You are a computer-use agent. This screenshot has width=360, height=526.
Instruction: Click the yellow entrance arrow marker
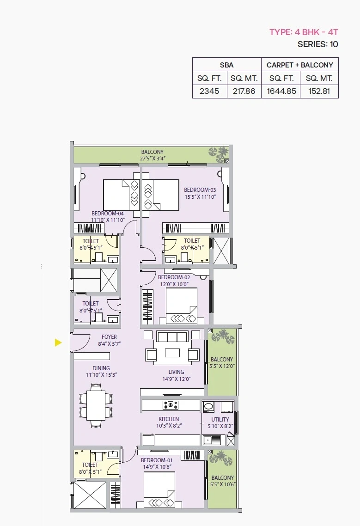click(58, 343)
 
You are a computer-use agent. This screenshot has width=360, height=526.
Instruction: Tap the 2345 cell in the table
click(209, 91)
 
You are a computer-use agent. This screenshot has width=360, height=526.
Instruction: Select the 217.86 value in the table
click(244, 91)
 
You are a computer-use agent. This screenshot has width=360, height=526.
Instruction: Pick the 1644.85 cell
click(281, 91)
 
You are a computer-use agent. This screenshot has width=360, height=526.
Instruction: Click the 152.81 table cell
click(319, 91)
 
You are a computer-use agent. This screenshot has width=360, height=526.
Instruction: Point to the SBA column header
click(226, 65)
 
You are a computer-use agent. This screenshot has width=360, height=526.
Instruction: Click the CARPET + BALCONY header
click(299, 65)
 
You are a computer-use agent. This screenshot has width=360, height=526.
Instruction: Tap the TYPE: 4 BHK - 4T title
click(304, 32)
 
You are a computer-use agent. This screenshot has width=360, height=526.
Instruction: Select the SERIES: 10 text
click(318, 44)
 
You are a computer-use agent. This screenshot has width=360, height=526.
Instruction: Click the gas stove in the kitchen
click(171, 405)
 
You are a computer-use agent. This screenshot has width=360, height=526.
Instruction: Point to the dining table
click(96, 405)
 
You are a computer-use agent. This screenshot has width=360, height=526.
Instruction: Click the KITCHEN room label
click(169, 419)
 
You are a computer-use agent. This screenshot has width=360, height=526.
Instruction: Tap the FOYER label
click(110, 337)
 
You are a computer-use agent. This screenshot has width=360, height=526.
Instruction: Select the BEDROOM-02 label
click(174, 277)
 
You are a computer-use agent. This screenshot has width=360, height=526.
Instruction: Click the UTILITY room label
click(220, 419)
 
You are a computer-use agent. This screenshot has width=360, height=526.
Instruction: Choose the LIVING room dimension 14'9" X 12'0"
click(177, 379)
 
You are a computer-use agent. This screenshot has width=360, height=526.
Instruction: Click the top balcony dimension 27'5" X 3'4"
click(153, 159)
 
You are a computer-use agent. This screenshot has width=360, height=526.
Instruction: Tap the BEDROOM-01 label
click(157, 460)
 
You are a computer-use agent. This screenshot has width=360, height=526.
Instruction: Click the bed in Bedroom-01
click(159, 490)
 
